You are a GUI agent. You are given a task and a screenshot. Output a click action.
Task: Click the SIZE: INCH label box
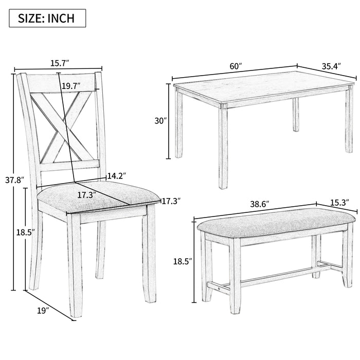pos(47,19)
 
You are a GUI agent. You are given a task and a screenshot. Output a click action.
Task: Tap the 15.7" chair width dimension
pos(60,63)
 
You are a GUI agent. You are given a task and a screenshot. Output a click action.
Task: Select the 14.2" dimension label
pos(117,176)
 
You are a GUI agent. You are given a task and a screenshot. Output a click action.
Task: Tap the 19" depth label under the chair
pos(42,311)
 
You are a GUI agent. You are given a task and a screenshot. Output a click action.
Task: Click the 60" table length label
pos(236,66)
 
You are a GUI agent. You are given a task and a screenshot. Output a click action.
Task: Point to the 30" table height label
pos(161,121)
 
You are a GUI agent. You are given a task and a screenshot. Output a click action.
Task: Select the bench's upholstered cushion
pos(276,224)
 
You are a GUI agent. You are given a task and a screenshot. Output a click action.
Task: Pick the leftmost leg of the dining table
pos(179,123)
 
